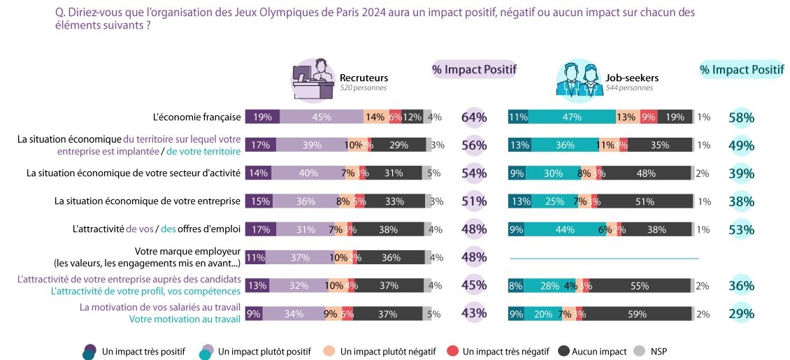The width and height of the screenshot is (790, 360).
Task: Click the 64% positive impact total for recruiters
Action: click(474, 117)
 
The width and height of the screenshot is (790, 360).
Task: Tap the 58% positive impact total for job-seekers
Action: click(741, 117)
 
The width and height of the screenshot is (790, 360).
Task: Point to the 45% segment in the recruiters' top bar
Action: click(322, 117)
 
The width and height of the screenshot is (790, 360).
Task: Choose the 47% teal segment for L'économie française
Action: click(572, 117)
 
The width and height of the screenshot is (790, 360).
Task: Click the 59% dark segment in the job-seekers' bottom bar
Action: click(636, 314)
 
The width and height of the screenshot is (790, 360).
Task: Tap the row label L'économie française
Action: click(197, 117)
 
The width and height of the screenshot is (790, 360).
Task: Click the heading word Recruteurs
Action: click(364, 78)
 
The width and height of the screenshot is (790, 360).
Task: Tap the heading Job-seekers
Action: click(632, 78)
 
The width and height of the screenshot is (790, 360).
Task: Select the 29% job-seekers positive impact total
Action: click(741, 314)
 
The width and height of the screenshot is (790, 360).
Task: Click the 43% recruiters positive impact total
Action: click(474, 314)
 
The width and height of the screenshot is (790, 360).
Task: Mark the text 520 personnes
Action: click(363, 88)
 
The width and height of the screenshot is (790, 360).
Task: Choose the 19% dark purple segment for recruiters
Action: click(263, 117)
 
